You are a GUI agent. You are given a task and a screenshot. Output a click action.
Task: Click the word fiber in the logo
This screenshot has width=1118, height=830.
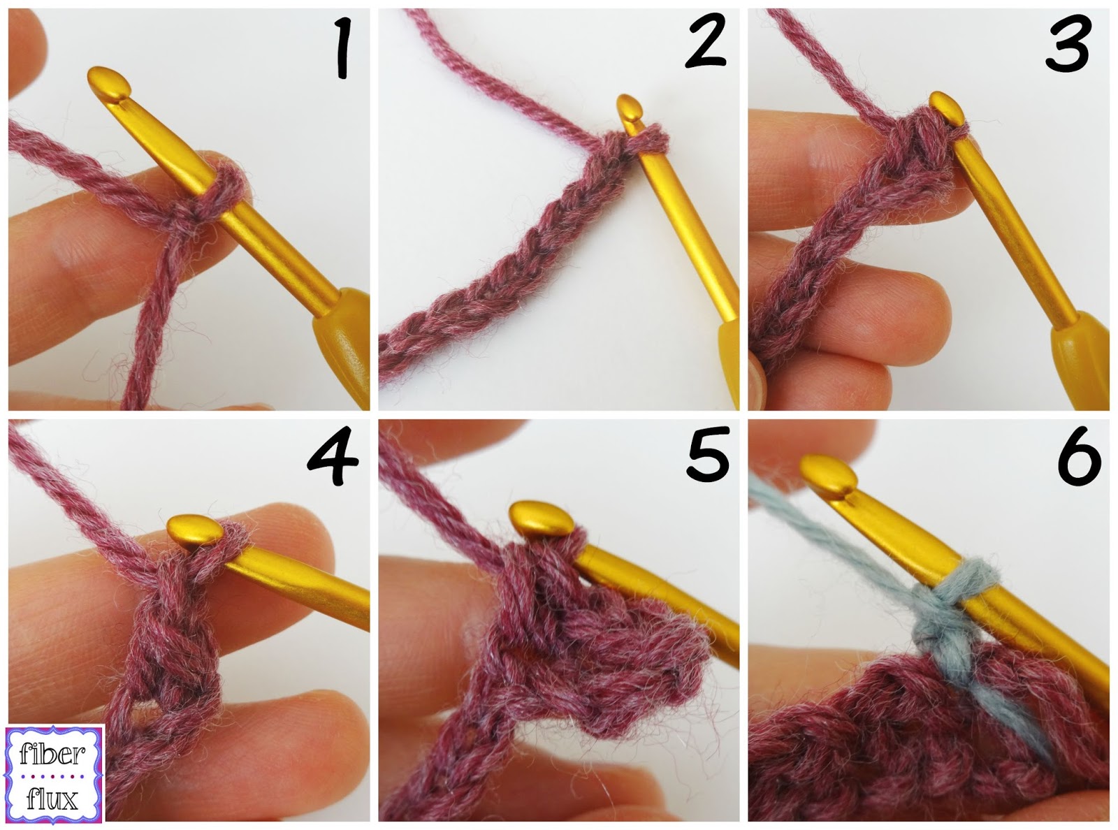(x=54, y=754)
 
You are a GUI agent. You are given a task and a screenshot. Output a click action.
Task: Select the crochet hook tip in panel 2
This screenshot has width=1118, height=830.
(x=629, y=108)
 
